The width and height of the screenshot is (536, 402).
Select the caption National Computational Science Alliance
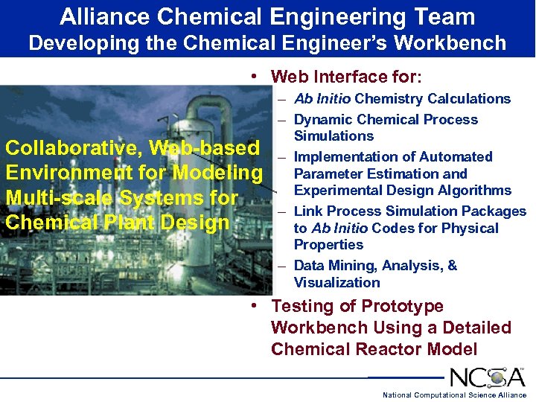point(454,395)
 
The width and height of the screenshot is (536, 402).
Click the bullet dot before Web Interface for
point(255,77)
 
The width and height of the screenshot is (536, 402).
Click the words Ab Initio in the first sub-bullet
point(322,99)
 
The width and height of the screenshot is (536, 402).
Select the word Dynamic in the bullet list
point(324,120)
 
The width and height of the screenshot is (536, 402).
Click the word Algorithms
point(475,191)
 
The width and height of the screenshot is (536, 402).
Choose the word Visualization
point(336,283)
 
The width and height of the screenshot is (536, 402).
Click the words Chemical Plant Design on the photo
point(118,223)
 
